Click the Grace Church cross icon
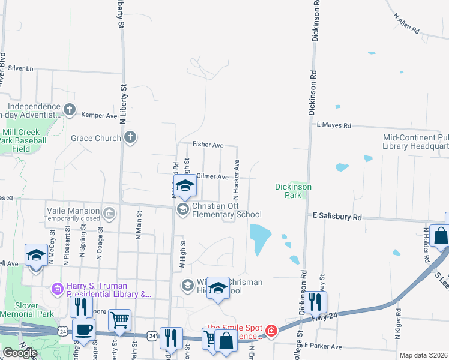coord(130,138)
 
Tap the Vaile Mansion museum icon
coord(109,212)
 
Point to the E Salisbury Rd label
coord(337,216)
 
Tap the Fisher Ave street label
coord(208,145)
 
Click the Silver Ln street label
coord(21,68)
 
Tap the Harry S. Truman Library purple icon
coord(58,289)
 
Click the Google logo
coord(19,352)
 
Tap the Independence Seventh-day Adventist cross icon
coord(70,110)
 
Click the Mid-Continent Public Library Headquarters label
coord(416,142)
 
